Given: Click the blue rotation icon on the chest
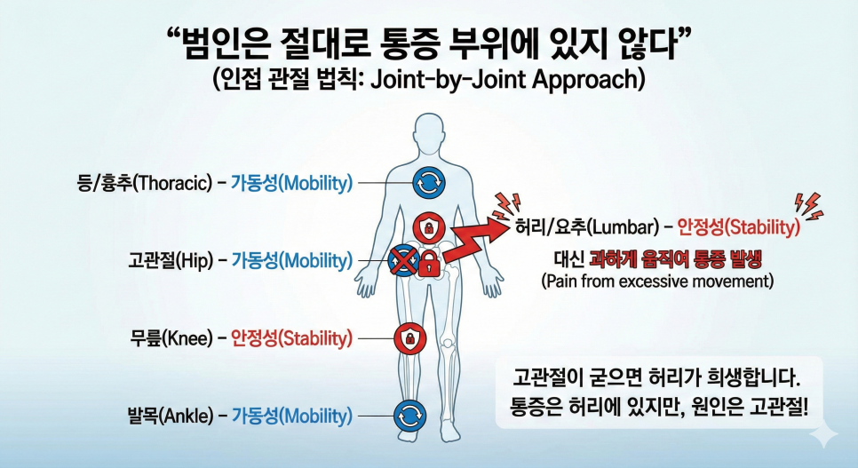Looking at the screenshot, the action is click(x=429, y=183).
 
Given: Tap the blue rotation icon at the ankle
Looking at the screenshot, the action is click(x=409, y=416).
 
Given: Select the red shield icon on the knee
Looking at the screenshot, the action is click(x=409, y=338).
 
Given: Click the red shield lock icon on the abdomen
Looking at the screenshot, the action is click(x=428, y=226).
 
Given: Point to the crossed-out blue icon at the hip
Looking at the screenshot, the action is click(x=402, y=260).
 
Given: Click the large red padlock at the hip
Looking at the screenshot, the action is click(x=430, y=262).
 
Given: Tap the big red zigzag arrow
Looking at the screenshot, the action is click(x=476, y=239).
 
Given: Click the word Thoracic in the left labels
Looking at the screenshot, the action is click(x=171, y=183).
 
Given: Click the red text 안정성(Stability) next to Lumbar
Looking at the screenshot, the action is click(x=739, y=226).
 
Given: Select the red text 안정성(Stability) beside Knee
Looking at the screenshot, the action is click(x=291, y=338).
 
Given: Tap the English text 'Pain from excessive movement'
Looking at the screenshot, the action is click(x=657, y=282).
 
